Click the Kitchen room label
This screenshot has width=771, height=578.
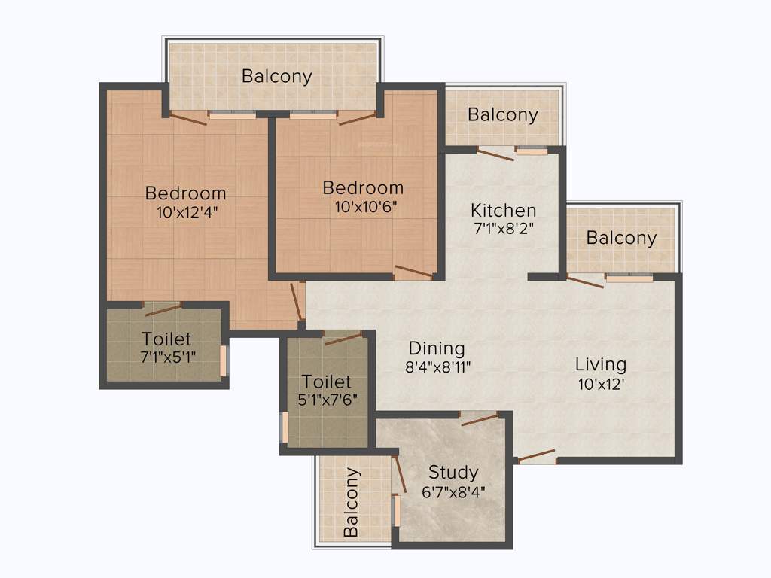(x=503, y=210)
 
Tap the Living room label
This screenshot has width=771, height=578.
(x=600, y=364)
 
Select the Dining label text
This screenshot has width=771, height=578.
(x=437, y=348)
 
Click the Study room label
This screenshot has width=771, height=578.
(x=453, y=472)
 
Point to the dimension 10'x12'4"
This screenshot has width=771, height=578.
(x=185, y=211)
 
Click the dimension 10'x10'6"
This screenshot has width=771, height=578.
(x=363, y=207)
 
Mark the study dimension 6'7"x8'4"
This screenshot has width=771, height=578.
(x=453, y=491)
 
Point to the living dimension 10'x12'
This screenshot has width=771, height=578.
(x=600, y=383)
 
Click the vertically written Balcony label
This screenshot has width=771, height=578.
(x=351, y=502)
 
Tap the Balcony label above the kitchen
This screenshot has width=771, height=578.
(x=502, y=114)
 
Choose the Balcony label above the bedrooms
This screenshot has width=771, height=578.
(x=276, y=76)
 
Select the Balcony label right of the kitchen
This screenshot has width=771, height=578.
(x=621, y=238)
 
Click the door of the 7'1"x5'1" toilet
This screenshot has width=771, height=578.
(x=162, y=309)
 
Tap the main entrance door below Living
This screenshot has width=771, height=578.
(x=536, y=455)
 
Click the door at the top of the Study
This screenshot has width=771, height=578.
(x=479, y=418)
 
